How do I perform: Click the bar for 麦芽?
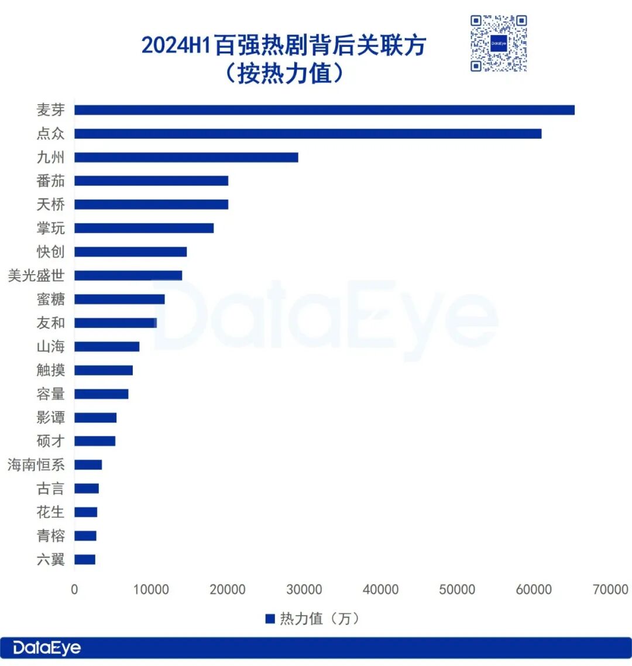pyautogui.click(x=324, y=110)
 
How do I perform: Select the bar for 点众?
pyautogui.click(x=308, y=134)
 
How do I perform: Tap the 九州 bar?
pyautogui.click(x=186, y=158)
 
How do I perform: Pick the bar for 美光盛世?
pyautogui.click(x=128, y=275)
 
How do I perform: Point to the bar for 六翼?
pyautogui.click(x=85, y=559)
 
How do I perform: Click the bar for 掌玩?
pyautogui.click(x=144, y=228)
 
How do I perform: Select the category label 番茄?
pyautogui.click(x=51, y=181)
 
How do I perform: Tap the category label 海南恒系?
pyautogui.click(x=36, y=465)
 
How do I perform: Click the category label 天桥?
pyautogui.click(x=51, y=204)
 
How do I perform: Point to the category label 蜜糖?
pyautogui.click(x=51, y=299)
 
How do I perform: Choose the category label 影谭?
pyautogui.click(x=51, y=418)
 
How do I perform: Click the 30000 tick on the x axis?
pyautogui.click(x=304, y=589)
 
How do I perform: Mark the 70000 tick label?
pyautogui.click(x=610, y=589)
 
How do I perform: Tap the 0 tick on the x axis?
pyautogui.click(x=74, y=589)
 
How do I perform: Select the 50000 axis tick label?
pyautogui.click(x=457, y=589)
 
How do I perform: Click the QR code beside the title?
pyautogui.click(x=499, y=43)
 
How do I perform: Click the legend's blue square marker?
pyautogui.click(x=270, y=619)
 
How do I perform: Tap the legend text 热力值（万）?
pyautogui.click(x=320, y=619)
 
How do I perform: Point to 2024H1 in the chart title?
pyautogui.click(x=176, y=46)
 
